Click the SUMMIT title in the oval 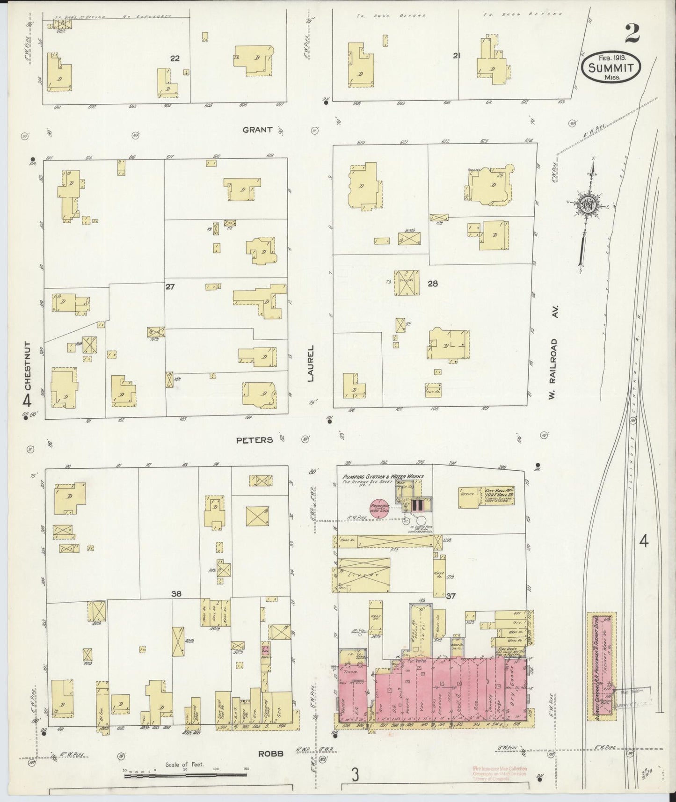(611, 68)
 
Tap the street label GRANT (257, 130)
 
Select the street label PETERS (254, 440)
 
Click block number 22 (174, 58)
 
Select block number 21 (457, 56)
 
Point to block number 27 (170, 286)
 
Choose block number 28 (432, 283)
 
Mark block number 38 (176, 594)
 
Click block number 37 (451, 596)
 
